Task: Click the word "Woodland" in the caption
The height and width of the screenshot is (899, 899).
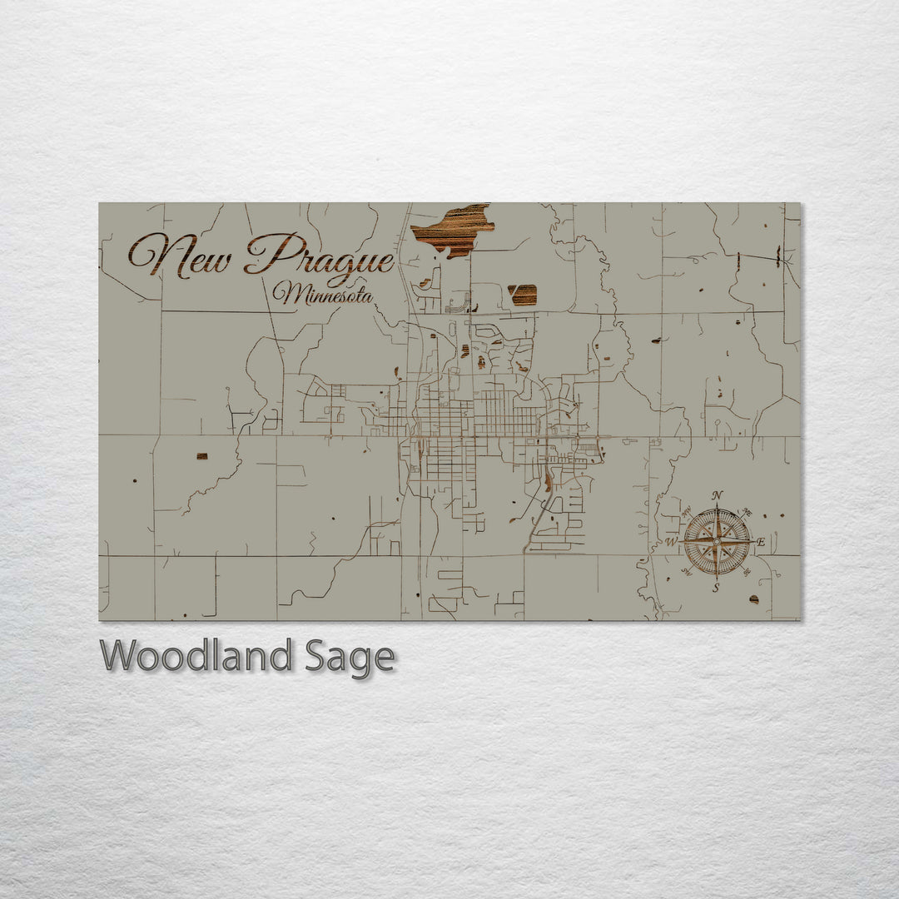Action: [196, 656]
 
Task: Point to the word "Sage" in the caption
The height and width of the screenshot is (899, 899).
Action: [349, 658]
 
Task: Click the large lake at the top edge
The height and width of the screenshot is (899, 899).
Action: [452, 229]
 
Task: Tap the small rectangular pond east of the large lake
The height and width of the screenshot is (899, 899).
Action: [523, 294]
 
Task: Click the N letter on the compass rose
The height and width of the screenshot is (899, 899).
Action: [718, 496]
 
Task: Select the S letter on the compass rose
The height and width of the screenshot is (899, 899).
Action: [716, 588]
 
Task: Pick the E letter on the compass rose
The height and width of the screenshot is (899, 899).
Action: [761, 542]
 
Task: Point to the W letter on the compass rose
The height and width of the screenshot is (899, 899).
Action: [671, 542]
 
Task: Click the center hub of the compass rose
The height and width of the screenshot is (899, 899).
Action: [717, 542]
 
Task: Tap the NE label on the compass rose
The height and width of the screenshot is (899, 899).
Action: [747, 513]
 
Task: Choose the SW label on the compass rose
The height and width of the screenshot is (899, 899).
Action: [687, 571]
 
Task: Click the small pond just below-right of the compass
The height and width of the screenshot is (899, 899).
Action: [754, 599]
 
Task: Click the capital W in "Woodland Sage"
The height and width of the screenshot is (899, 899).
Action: [118, 656]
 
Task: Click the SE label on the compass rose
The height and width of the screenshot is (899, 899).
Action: [746, 571]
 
